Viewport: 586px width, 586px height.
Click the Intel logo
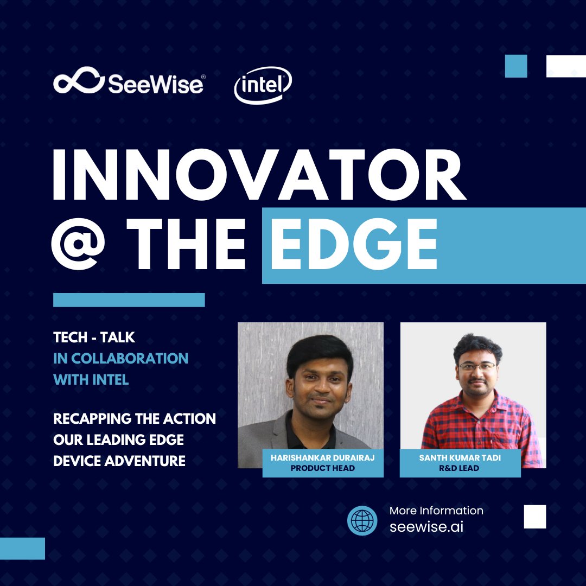pyautogui.click(x=263, y=85)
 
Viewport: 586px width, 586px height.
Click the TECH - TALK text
pyautogui.click(x=94, y=338)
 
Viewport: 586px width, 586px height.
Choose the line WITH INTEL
pyautogui.click(x=91, y=379)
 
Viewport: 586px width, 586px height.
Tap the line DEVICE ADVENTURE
pyautogui.click(x=119, y=461)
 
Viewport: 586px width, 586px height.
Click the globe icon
pyautogui.click(x=362, y=520)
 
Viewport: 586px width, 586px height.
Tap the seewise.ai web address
pyautogui.click(x=426, y=527)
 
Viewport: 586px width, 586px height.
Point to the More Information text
pyautogui.click(x=436, y=511)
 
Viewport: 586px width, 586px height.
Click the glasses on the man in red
pyautogui.click(x=477, y=367)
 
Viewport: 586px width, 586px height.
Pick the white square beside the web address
pyautogui.click(x=535, y=516)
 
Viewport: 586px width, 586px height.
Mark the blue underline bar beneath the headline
pyautogui.click(x=129, y=300)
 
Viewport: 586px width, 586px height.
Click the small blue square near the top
pyautogui.click(x=516, y=66)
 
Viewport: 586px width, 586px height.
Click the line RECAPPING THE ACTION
pyautogui.click(x=135, y=419)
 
